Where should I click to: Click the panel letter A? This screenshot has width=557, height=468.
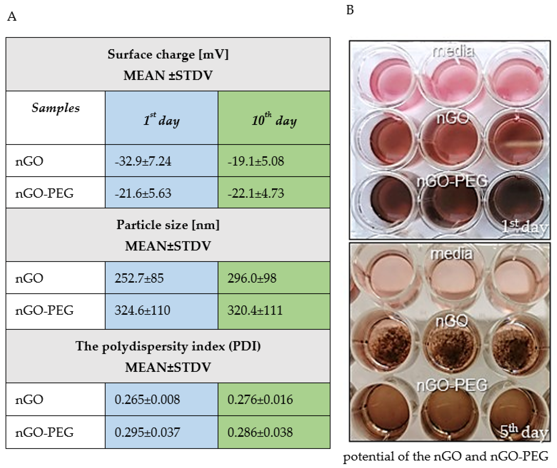pyautogui.click(x=12, y=16)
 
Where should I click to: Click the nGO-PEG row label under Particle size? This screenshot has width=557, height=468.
pyautogui.click(x=44, y=310)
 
